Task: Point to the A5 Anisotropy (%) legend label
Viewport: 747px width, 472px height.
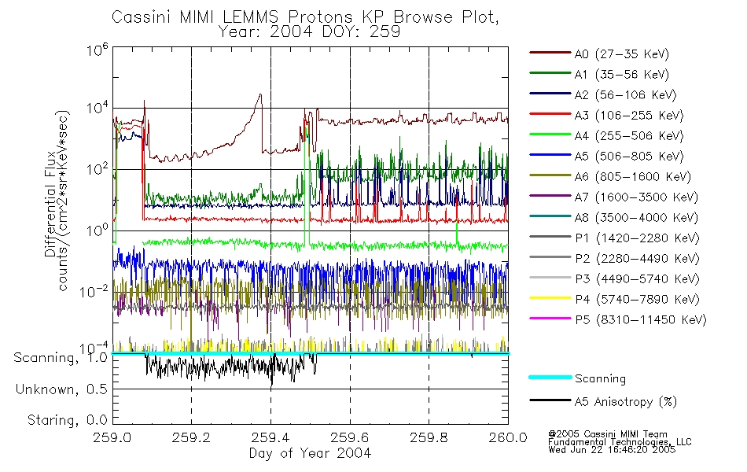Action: point(625,402)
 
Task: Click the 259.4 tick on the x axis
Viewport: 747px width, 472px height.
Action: point(270,439)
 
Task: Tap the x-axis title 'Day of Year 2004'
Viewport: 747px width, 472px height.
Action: point(310,453)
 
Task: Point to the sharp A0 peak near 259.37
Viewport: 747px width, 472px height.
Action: point(260,94)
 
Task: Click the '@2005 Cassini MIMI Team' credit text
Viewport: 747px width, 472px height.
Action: point(607,433)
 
